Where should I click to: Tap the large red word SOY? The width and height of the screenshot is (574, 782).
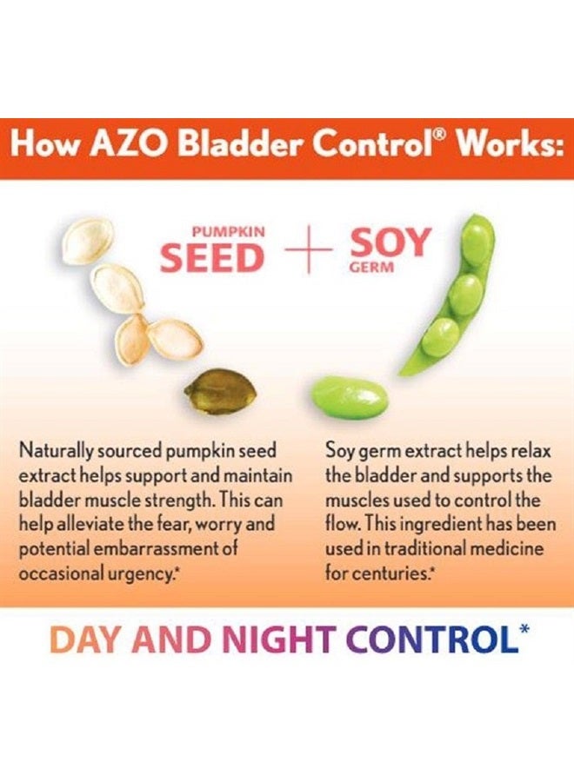(x=390, y=244)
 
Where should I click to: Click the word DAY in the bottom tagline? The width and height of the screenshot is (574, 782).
(x=84, y=640)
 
